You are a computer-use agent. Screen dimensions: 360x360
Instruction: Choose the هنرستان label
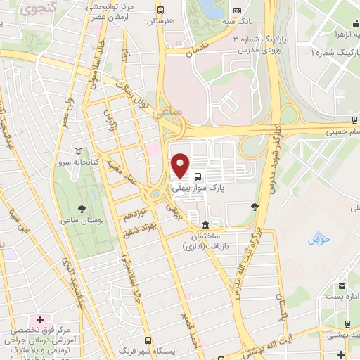click(159, 22)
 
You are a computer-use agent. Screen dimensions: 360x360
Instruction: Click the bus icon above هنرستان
click(161, 11)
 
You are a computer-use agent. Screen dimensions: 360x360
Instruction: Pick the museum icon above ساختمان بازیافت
click(205, 225)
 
